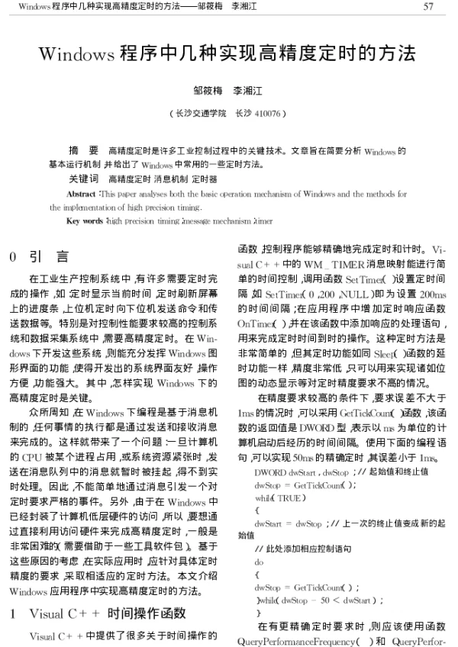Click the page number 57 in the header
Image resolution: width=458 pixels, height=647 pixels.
[428, 8]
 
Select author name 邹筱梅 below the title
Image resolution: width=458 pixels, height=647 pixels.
[207, 90]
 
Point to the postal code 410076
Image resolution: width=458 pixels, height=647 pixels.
[267, 112]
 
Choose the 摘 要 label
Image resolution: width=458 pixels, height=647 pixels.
[83, 151]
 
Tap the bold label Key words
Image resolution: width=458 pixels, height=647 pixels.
[85, 221]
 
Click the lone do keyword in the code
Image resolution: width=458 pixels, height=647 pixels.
[258, 560]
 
